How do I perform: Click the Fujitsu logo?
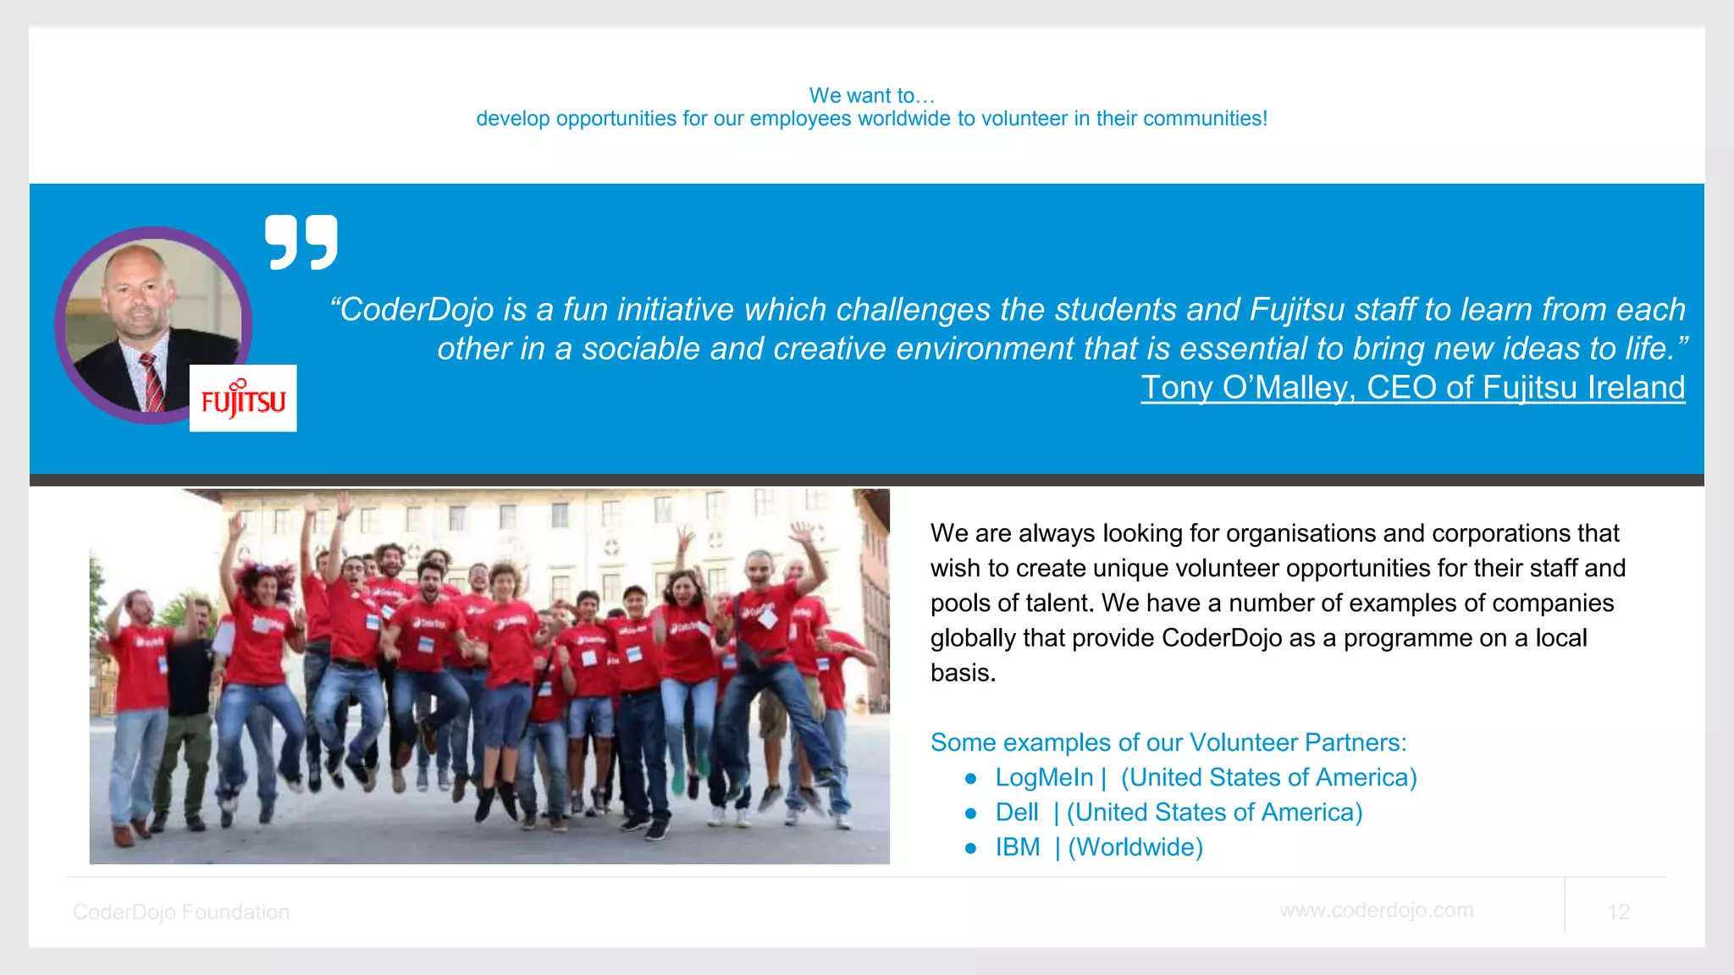(x=243, y=399)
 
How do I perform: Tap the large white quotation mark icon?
(x=301, y=242)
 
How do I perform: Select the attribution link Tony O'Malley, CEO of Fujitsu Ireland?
(x=1412, y=388)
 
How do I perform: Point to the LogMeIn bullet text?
(x=1044, y=777)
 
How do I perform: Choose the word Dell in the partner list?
(x=1016, y=812)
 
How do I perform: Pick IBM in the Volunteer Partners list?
(x=1017, y=847)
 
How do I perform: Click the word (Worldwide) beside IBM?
(x=1135, y=847)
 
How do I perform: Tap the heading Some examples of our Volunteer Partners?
(x=1168, y=742)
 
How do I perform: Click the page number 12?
(x=1618, y=912)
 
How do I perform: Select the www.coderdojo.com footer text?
(x=1376, y=910)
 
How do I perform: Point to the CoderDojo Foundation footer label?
(x=180, y=912)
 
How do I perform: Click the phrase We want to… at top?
(x=871, y=96)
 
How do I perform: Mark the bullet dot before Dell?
(x=971, y=813)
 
